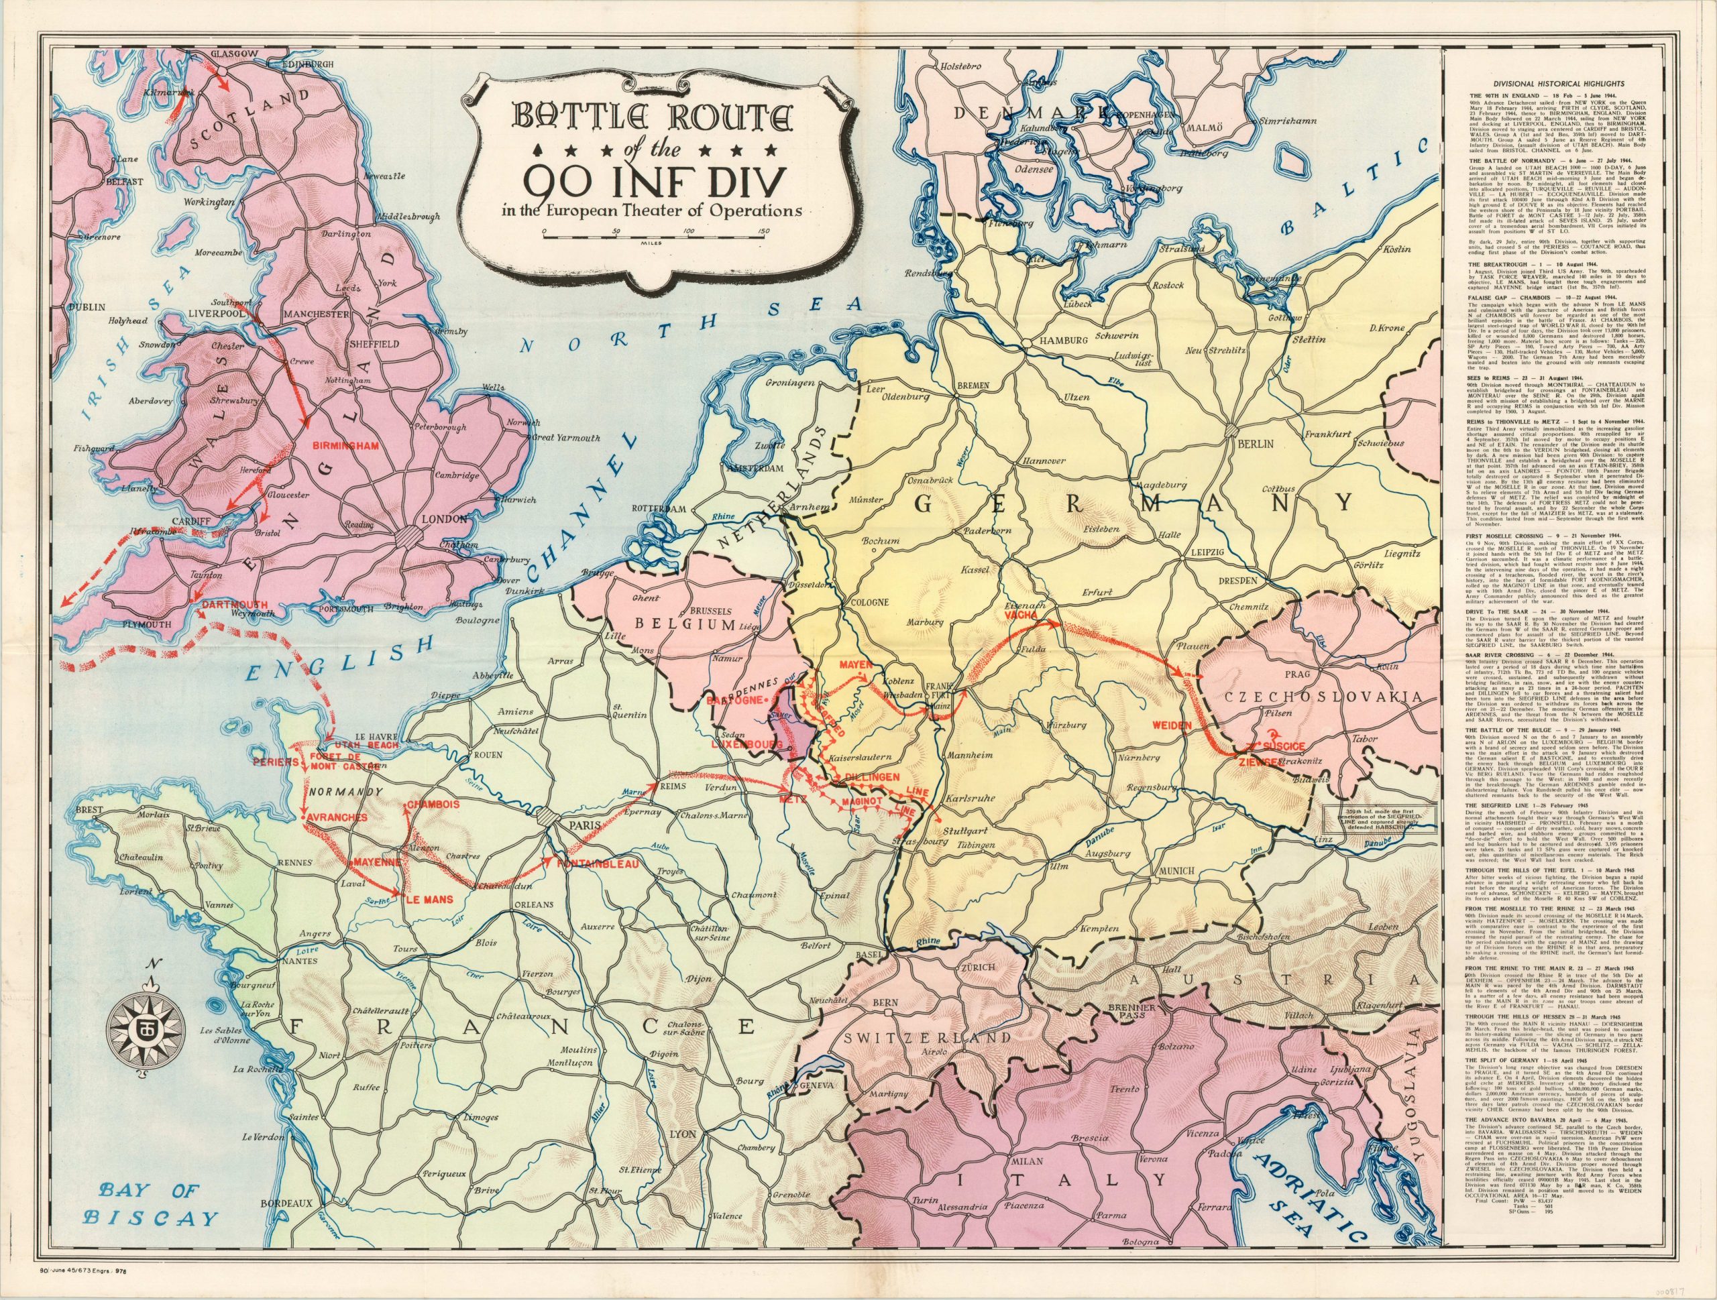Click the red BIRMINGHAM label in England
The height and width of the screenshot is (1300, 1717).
(345, 447)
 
